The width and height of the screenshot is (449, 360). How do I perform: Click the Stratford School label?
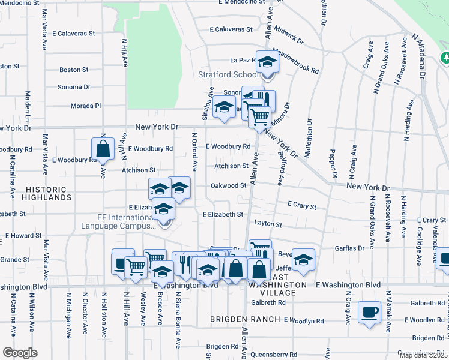229,75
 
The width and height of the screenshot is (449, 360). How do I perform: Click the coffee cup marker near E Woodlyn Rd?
370,312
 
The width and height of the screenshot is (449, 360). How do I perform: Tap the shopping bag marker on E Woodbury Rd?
103,149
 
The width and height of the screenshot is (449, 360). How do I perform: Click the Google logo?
20,353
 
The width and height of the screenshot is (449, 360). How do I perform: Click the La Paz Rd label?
243,60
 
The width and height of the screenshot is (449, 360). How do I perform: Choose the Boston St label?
74,70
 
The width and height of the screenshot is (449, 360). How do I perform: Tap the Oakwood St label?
229,185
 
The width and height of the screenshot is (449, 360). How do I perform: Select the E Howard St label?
23,236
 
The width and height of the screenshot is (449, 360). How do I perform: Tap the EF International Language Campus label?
118,221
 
